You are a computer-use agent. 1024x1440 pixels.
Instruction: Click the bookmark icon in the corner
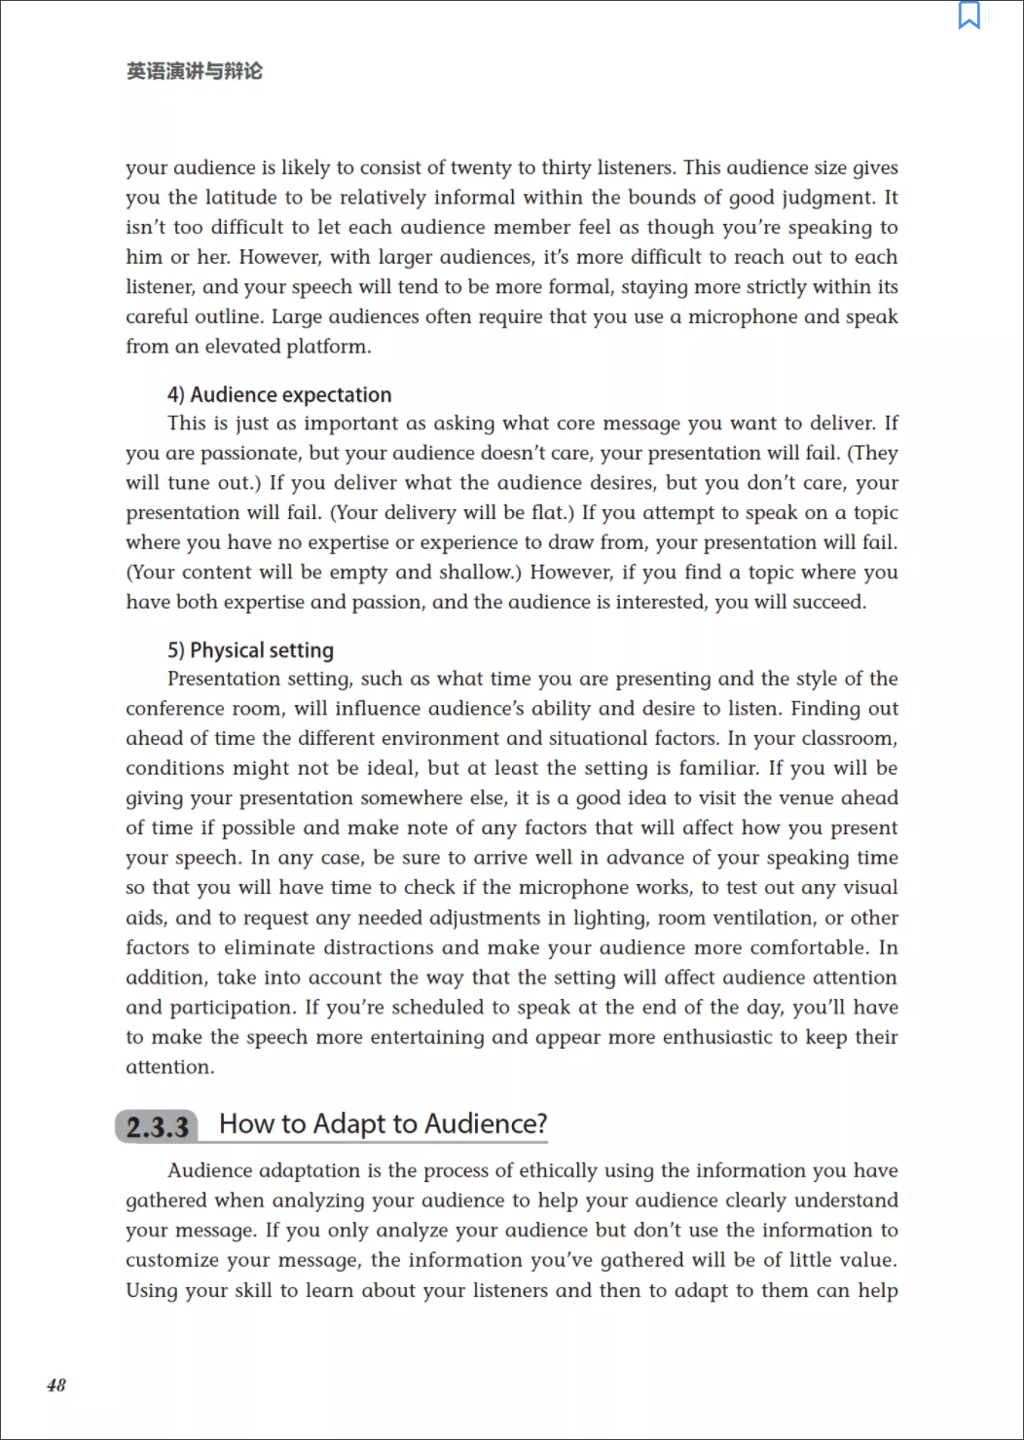(x=969, y=16)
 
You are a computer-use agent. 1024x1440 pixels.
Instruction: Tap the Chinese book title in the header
(x=195, y=71)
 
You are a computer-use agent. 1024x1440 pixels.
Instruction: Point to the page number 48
(x=56, y=1385)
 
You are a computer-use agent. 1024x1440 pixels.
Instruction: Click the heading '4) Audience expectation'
(x=279, y=394)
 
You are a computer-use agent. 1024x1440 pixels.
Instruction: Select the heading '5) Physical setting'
(x=250, y=650)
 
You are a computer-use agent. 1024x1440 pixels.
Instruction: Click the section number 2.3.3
(x=158, y=1126)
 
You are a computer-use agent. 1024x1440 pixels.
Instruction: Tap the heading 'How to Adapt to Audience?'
(x=383, y=1124)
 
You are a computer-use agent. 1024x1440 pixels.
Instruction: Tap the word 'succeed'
(x=827, y=603)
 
